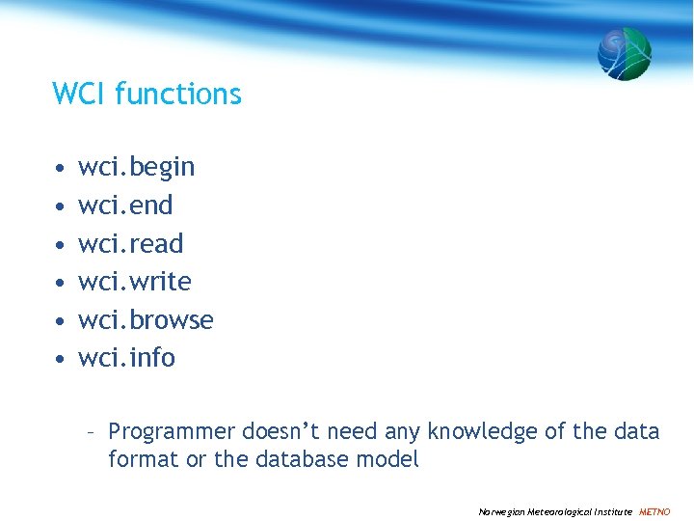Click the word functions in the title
tap(177, 94)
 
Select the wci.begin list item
tap(136, 168)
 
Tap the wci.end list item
tap(125, 206)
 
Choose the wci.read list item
tap(130, 243)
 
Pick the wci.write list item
tap(134, 282)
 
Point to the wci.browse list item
tap(146, 319)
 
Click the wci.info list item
tap(126, 358)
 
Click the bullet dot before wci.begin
tap(60, 169)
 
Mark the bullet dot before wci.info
tap(60, 359)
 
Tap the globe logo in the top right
tap(624, 53)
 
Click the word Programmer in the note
tap(172, 431)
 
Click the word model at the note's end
tap(391, 459)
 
